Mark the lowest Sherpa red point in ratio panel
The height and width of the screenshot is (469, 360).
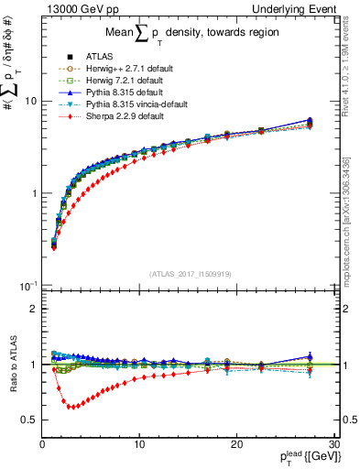coord(71,407)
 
